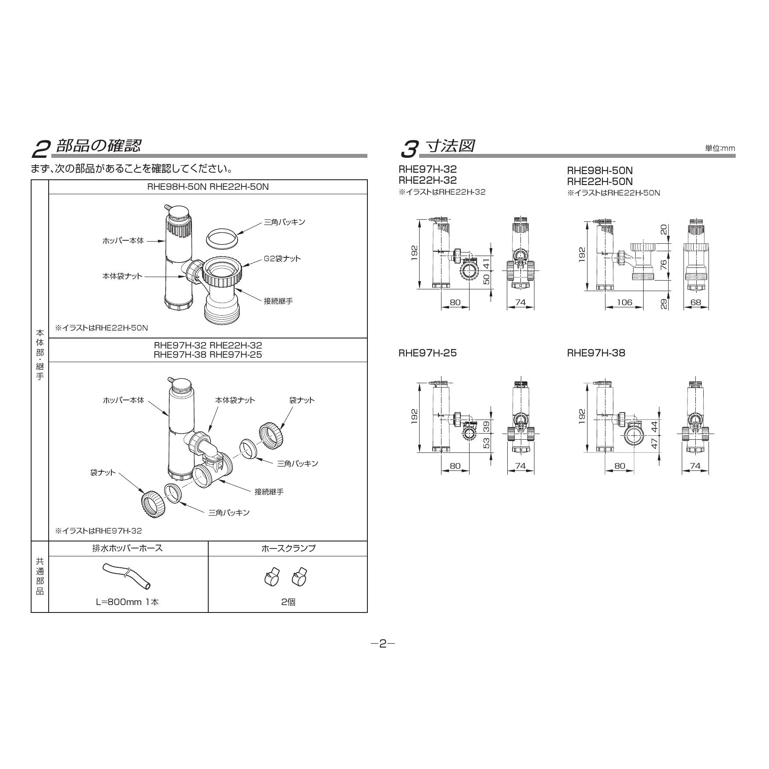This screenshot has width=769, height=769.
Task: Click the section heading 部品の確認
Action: click(98, 146)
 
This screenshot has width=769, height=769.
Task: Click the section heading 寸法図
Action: click(450, 146)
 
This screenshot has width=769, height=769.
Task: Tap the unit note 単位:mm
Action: click(720, 148)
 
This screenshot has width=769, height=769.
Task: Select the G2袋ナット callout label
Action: click(282, 258)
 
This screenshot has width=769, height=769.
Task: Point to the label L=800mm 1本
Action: click(127, 602)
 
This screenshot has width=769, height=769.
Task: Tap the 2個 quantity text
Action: click(288, 602)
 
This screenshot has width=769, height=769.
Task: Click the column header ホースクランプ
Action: click(288, 548)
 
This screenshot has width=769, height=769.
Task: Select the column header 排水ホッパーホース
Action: click(128, 548)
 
